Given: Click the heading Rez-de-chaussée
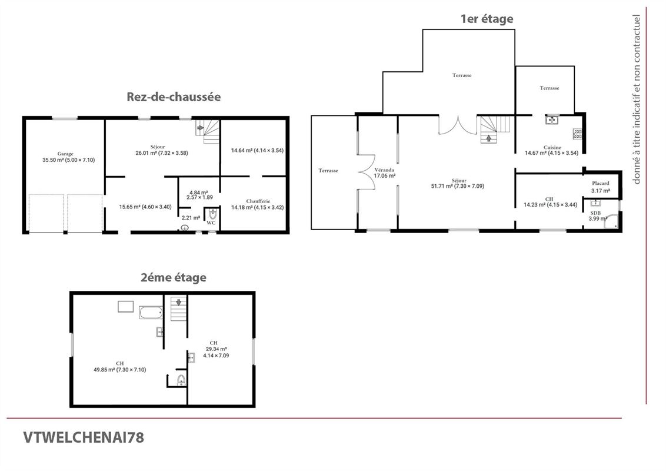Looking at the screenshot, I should [x=174, y=97].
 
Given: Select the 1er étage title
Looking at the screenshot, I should [x=487, y=19].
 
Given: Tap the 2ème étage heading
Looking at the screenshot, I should [x=174, y=277].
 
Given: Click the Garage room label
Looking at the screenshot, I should [x=65, y=154].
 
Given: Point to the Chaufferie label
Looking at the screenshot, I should [x=259, y=201].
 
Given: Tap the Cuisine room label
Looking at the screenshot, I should [x=552, y=147].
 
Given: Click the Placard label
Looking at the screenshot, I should [x=600, y=183].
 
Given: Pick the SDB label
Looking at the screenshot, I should [x=595, y=213].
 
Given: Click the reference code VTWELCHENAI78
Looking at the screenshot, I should [x=84, y=437].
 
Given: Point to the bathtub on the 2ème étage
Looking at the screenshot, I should [x=151, y=312].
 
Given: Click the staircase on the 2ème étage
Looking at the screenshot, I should [x=178, y=309].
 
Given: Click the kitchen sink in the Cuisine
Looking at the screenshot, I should [x=552, y=120].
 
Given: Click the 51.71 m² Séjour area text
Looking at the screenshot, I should [x=457, y=186].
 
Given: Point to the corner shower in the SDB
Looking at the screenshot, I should [x=613, y=222].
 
